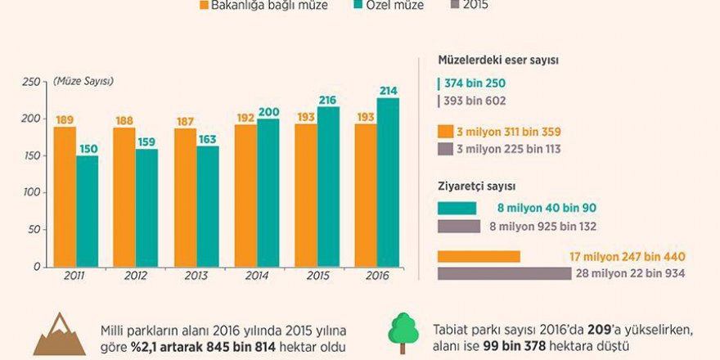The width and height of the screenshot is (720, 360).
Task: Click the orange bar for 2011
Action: [65, 196]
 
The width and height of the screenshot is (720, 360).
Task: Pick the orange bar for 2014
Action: [245, 196]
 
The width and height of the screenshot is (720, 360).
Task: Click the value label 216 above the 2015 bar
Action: [328, 99]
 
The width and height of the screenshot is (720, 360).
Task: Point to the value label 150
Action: [88, 148]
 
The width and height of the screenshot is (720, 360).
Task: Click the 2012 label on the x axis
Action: [136, 276]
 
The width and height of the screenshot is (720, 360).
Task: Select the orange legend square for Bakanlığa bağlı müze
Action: [205, 6]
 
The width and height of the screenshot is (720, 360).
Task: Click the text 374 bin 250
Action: [475, 84]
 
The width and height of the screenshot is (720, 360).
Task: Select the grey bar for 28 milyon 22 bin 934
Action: [504, 273]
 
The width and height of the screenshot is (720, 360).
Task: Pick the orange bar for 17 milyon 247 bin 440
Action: [479, 256]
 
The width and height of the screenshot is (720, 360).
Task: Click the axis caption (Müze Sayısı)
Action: [83, 81]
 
